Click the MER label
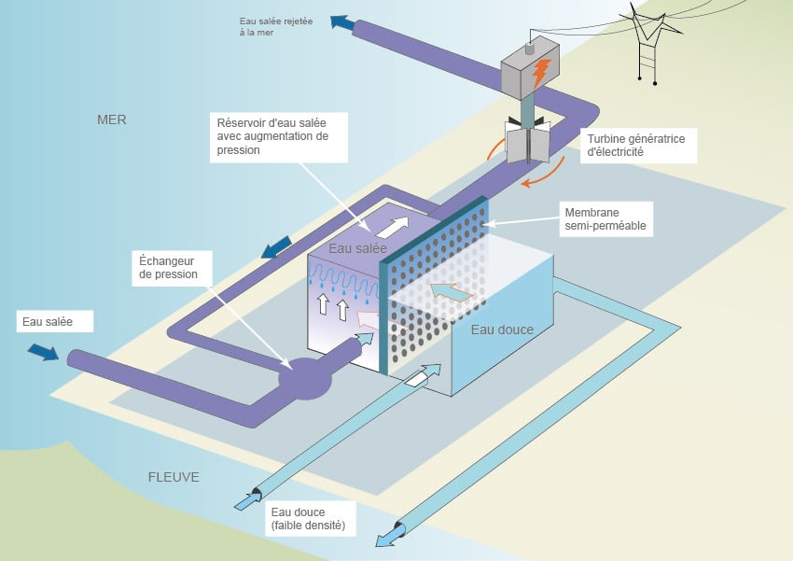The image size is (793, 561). pos(111,119)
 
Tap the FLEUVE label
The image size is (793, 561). pos(174,477)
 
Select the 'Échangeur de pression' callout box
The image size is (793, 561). pos(172,269)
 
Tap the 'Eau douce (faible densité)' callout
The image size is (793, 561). pos(309,519)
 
